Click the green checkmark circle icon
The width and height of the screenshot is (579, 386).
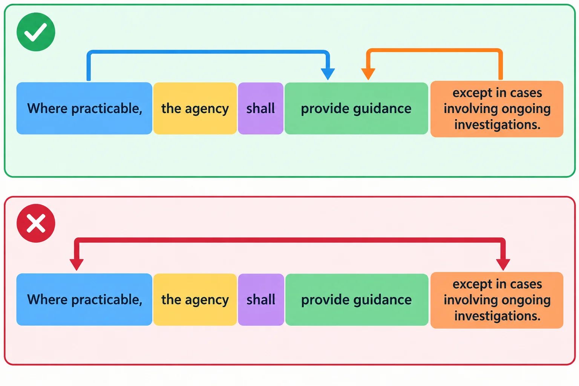pyautogui.click(x=36, y=32)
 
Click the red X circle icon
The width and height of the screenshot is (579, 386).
pyautogui.click(x=36, y=223)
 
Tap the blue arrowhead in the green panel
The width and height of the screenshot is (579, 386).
pyautogui.click(x=328, y=74)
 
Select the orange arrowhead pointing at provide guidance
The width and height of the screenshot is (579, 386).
pyautogui.click(x=368, y=74)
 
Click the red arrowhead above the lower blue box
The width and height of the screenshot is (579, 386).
pyautogui.click(x=77, y=265)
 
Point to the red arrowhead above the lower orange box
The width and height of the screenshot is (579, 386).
pyautogui.click(x=503, y=265)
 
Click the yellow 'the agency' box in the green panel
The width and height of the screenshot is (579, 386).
pyautogui.click(x=195, y=108)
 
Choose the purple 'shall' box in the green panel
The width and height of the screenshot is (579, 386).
pyautogui.click(x=260, y=108)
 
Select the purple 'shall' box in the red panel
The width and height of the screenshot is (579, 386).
pyautogui.click(x=261, y=299)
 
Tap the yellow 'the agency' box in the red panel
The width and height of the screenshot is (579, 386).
pyautogui.click(x=195, y=299)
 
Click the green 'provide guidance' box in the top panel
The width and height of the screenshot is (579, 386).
pyautogui.click(x=356, y=108)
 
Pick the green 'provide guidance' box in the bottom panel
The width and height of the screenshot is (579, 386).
pyautogui.click(x=357, y=299)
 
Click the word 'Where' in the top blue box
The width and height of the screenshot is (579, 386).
pyautogui.click(x=47, y=108)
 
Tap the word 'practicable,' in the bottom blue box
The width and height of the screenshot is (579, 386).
pyautogui.click(x=107, y=300)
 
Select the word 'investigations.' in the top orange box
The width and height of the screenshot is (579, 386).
pyautogui.click(x=497, y=125)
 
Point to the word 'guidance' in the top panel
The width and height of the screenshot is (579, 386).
pyautogui.click(x=382, y=109)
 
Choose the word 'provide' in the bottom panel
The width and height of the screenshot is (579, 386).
pyautogui.click(x=325, y=300)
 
